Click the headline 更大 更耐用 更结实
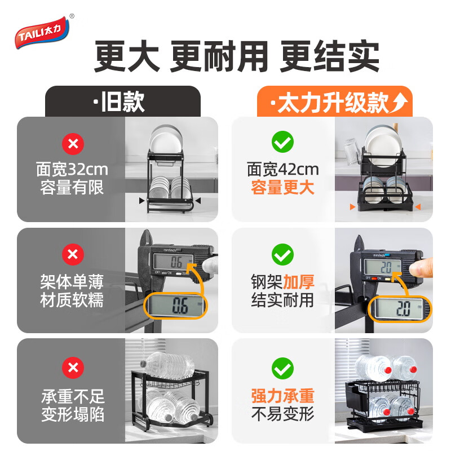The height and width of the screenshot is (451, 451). coord(236,57)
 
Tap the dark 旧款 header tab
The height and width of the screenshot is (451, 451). coord(122,102)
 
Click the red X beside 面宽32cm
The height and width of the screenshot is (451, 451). coord(72,144)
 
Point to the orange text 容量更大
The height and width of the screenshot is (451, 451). coord(282,188)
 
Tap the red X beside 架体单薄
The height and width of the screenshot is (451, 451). coord(72,255)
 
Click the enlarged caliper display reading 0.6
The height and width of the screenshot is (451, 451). coord(176,307)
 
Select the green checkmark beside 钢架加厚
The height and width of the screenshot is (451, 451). coord(282,255)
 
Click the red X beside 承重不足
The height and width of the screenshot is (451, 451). coord(72,368)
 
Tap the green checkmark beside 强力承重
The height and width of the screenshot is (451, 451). coord(282,368)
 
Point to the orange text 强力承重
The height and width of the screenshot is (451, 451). coord(282,396)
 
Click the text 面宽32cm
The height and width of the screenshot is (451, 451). coord(72,169)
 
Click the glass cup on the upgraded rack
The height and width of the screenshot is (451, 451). coord(352,150)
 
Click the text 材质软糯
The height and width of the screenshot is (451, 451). coord(72,300)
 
